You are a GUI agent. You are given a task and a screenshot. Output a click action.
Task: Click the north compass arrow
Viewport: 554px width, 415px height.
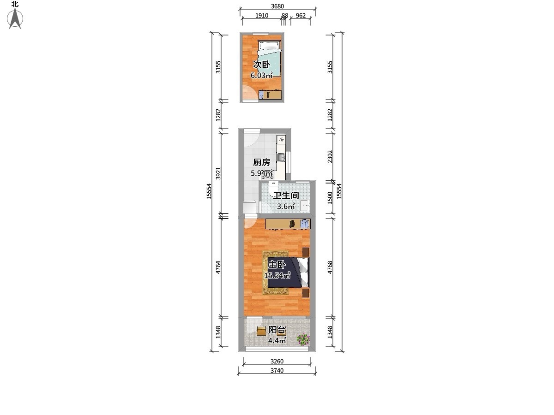click(15, 18)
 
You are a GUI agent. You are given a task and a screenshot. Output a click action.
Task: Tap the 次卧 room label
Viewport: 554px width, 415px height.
click(262, 65)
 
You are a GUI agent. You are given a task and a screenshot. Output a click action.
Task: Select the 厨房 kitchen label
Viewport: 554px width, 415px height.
click(261, 162)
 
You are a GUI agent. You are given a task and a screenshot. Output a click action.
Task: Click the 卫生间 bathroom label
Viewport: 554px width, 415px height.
click(286, 195)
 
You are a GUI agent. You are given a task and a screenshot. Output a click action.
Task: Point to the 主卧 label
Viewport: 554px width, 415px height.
click(277, 265)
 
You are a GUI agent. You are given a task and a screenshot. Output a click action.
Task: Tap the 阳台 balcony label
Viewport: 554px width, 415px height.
click(277, 330)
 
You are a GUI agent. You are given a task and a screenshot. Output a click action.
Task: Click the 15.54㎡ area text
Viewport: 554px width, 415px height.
click(277, 275)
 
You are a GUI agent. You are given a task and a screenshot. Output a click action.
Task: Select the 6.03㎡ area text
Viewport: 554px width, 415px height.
click(262, 75)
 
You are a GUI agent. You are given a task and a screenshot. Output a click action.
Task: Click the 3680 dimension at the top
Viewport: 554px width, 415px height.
click(277, 6)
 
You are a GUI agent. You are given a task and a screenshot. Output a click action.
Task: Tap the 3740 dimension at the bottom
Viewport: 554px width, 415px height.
click(277, 370)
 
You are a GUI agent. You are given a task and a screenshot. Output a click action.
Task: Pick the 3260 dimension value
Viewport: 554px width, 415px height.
click(277, 362)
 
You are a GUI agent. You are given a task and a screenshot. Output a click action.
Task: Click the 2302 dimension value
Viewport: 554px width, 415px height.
click(330, 156)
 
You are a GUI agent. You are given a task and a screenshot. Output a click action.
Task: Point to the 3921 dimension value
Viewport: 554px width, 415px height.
click(218, 173)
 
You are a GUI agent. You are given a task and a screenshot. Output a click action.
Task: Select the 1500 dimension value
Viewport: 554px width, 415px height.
click(330, 198)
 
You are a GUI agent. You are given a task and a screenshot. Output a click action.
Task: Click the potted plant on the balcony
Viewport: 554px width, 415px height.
click(303, 339)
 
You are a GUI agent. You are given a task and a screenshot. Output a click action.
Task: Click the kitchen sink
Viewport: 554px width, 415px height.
click(282, 158)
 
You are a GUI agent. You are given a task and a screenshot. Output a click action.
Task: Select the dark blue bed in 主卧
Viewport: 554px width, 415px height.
click(289, 273)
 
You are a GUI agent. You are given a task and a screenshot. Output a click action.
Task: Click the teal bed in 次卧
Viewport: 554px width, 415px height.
click(269, 58)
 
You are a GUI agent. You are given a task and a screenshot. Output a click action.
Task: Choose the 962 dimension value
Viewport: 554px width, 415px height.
click(301, 16)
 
